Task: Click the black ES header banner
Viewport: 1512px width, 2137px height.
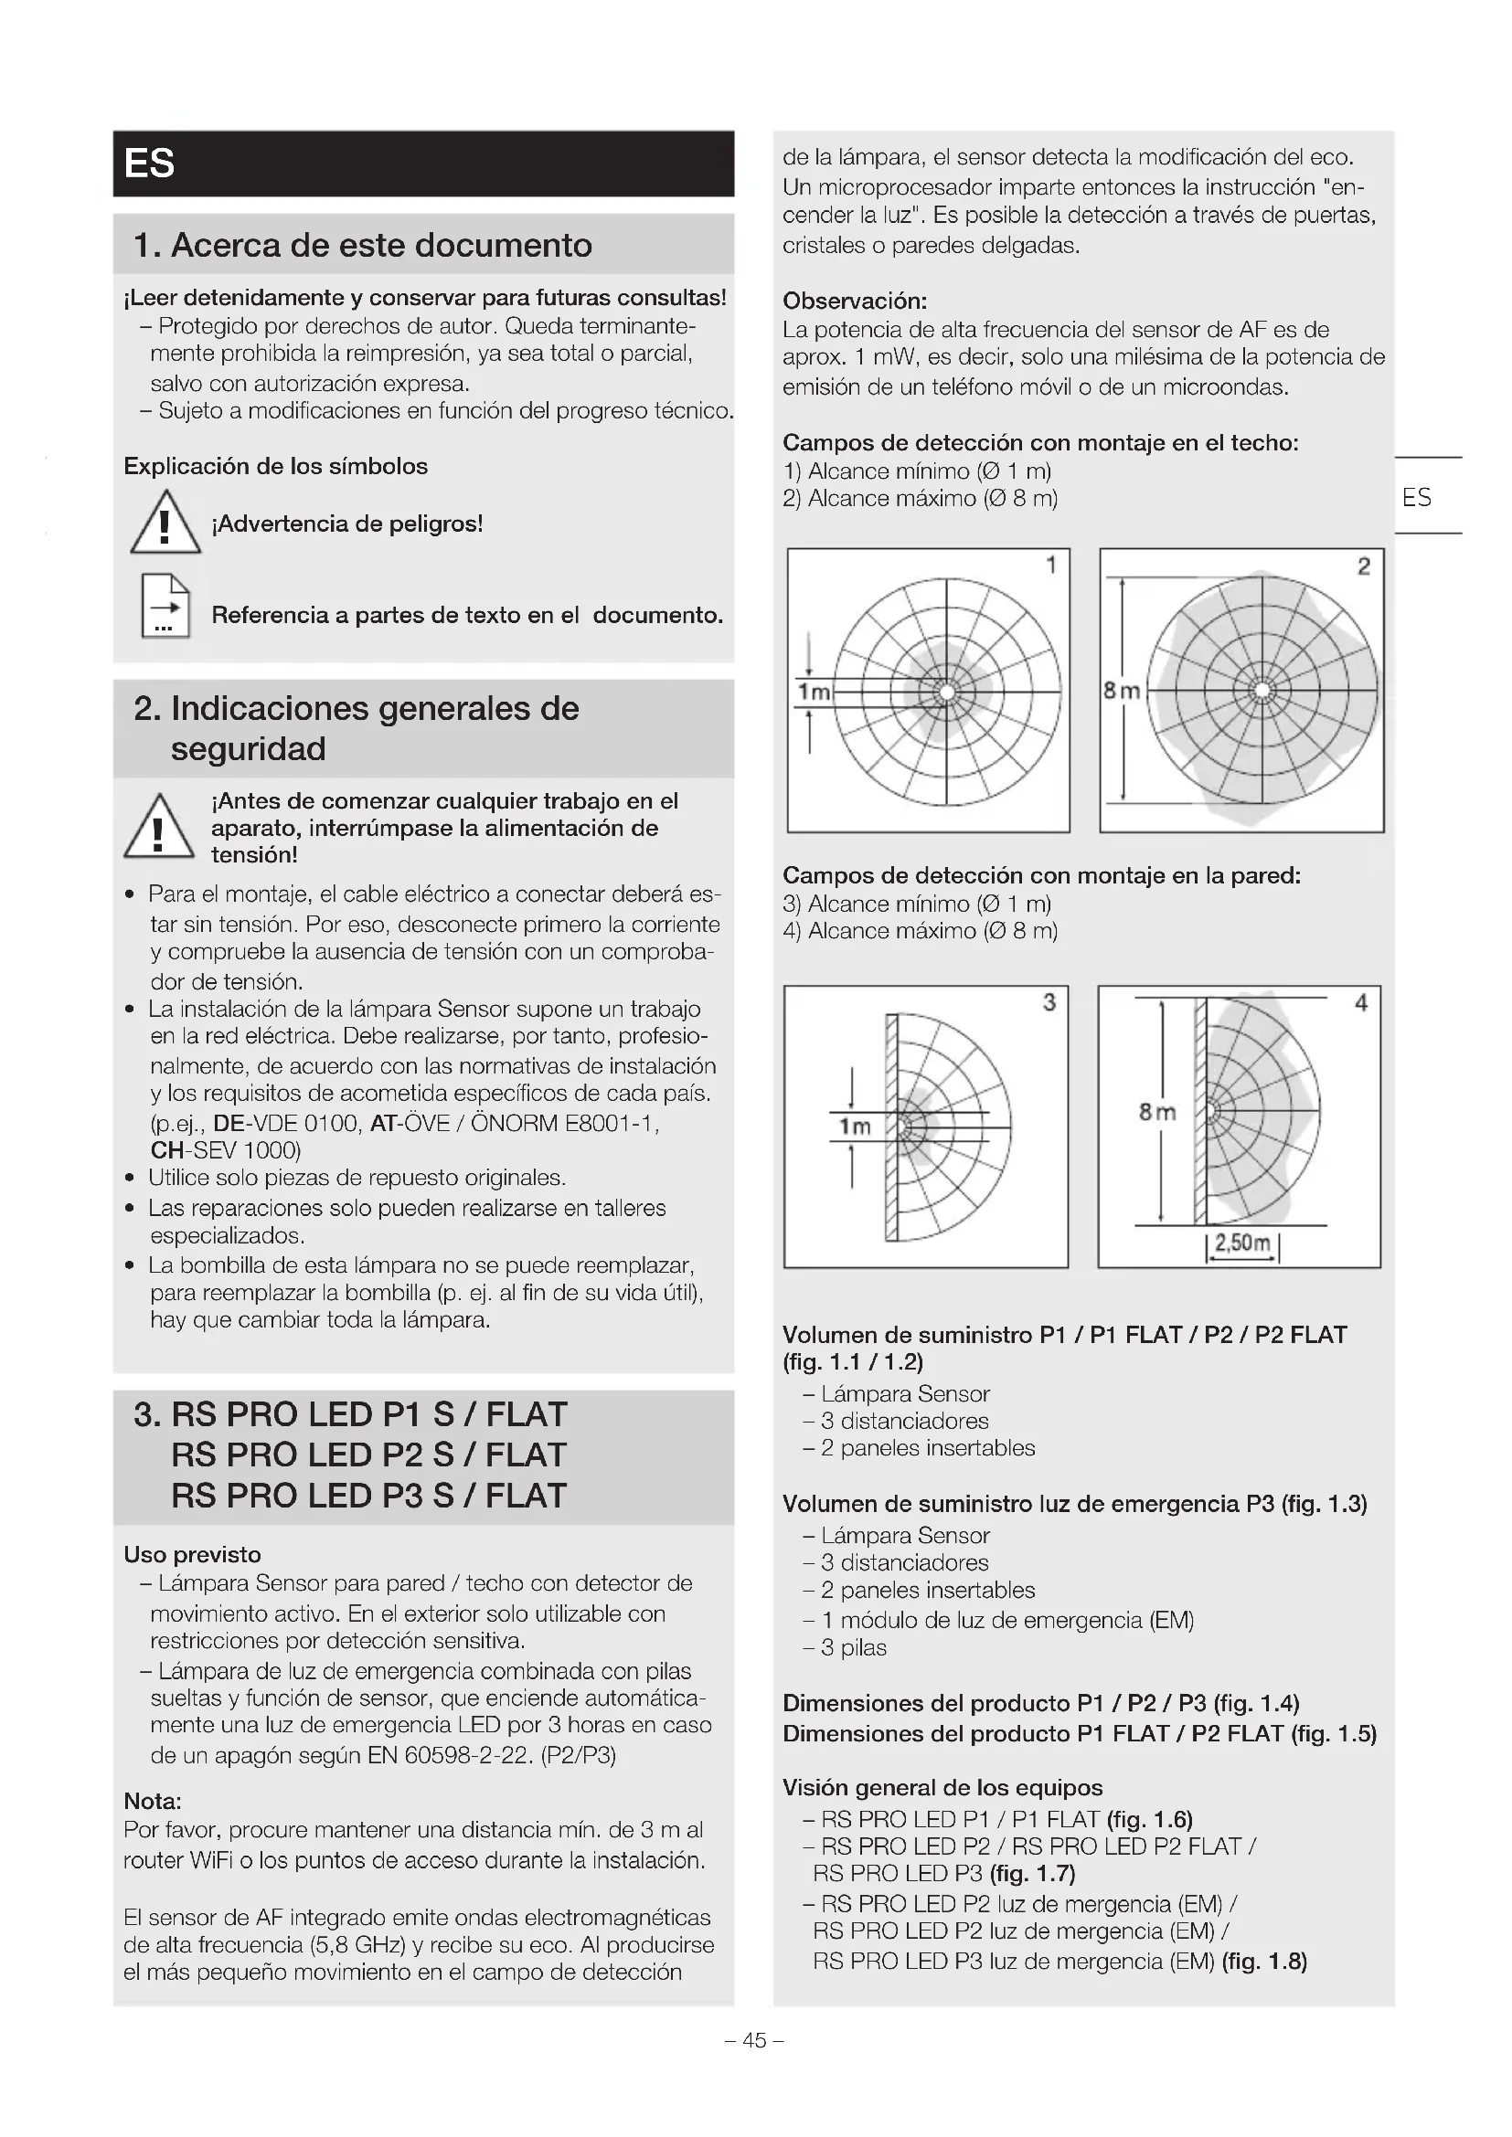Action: (423, 164)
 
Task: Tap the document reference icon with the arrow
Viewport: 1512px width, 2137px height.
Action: (165, 606)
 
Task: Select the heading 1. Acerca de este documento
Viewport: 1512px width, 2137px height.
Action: (363, 245)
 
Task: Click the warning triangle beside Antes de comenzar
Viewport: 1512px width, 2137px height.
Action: (158, 828)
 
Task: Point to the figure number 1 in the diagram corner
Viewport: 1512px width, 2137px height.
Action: (1051, 565)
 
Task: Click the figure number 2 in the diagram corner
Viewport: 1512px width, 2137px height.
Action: (1363, 566)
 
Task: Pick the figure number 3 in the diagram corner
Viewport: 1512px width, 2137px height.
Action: (1049, 1001)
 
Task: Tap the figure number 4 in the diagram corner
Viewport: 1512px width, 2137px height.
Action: (1360, 1002)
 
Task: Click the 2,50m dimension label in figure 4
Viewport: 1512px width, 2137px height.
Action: (1242, 1243)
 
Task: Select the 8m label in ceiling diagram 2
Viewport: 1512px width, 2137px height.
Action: (1121, 691)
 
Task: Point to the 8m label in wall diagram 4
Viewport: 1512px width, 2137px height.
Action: (1157, 1111)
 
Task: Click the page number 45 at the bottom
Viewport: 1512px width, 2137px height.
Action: (754, 2040)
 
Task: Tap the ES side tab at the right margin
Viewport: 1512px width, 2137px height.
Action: (1416, 497)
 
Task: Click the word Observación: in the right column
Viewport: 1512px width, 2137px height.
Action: (855, 301)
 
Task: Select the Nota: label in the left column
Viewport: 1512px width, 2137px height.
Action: (153, 1801)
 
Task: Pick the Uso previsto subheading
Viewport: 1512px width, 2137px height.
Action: (193, 1554)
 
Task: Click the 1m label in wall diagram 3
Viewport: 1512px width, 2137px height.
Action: (855, 1127)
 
